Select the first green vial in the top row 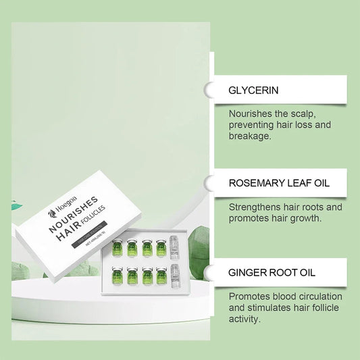coord(116,249)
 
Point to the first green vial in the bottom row coord(116,278)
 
